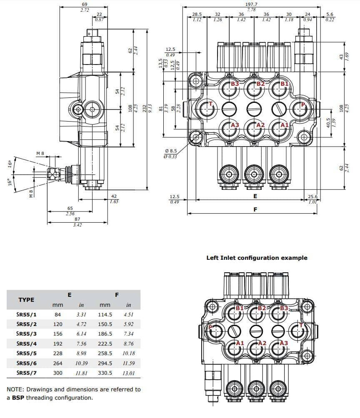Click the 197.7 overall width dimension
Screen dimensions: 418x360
(x=251, y=4)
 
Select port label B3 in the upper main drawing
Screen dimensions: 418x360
(x=235, y=84)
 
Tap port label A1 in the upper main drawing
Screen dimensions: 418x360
(x=284, y=125)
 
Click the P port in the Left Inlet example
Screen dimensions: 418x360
(x=210, y=328)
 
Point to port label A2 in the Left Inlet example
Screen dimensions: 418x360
(x=262, y=343)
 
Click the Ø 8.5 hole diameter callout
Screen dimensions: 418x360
(x=171, y=151)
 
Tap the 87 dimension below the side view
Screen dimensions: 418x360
(x=77, y=219)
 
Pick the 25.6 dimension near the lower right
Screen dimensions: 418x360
(x=312, y=197)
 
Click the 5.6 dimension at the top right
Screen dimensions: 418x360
(x=330, y=14)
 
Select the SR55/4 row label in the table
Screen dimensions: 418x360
(x=27, y=343)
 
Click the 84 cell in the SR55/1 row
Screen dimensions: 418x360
(x=58, y=314)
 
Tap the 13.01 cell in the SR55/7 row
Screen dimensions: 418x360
(x=129, y=373)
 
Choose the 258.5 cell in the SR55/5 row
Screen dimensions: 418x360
(x=105, y=353)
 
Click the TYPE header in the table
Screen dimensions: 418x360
(x=26, y=300)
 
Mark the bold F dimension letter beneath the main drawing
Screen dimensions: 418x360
(x=255, y=209)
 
